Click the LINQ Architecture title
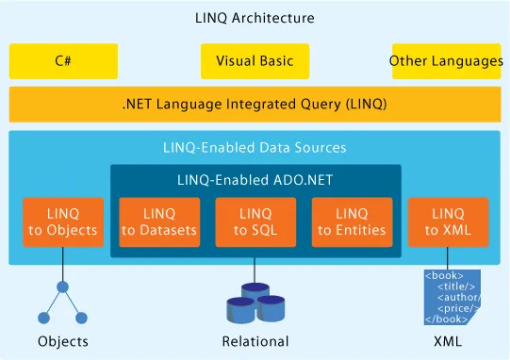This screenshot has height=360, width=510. click(x=255, y=18)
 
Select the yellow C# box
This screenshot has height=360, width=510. click(x=64, y=61)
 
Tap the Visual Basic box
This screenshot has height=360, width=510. click(x=255, y=61)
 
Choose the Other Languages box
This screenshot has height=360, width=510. click(x=446, y=61)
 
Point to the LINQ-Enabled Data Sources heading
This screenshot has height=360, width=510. click(x=255, y=147)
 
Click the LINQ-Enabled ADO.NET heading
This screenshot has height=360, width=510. click(x=255, y=179)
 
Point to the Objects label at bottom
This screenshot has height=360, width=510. click(x=63, y=341)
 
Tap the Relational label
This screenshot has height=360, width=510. click(x=255, y=341)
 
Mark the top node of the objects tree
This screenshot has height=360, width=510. click(x=63, y=286)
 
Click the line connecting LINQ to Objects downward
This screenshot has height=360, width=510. click(x=63, y=264)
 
